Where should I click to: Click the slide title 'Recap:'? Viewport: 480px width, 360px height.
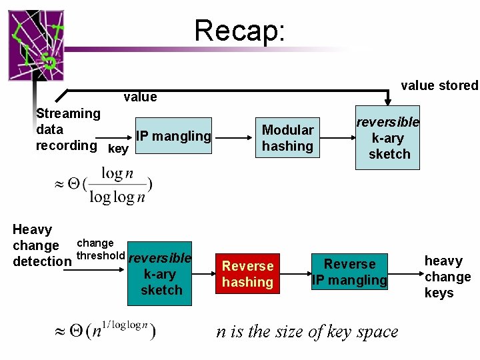point(239,31)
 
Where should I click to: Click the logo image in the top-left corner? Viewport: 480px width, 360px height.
point(36,45)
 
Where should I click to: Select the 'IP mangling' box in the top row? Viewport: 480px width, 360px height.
point(173,137)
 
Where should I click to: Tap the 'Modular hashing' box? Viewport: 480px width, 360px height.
point(287,138)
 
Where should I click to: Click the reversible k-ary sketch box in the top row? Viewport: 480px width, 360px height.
point(387,138)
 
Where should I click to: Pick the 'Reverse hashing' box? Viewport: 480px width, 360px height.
point(247,274)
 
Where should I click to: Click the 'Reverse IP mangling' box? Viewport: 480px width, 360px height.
point(350,273)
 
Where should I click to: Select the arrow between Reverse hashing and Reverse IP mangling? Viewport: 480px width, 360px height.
point(293,273)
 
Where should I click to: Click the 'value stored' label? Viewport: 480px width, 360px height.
point(439,85)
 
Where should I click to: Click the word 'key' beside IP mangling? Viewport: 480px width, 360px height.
point(118,149)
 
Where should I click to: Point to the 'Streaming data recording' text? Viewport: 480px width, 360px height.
point(67,129)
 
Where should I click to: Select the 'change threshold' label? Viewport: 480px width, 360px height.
point(101,249)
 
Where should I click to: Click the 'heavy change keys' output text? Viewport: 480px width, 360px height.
point(447,277)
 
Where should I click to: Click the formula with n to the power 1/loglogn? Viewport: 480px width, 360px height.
point(105,331)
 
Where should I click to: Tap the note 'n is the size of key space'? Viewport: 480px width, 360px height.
point(307,331)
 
